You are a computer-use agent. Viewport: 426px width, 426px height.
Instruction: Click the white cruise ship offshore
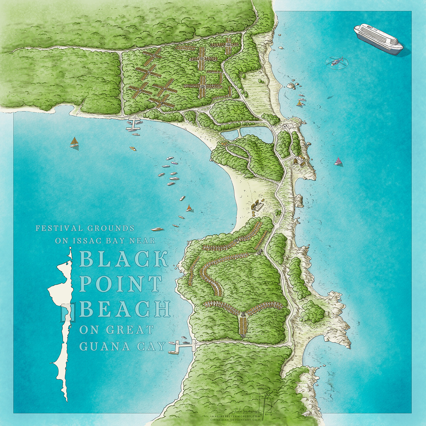378,39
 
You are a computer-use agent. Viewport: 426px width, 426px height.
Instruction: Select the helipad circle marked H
286,125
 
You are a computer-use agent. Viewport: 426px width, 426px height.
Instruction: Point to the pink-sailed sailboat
337,161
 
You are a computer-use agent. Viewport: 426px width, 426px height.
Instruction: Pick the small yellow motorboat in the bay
133,148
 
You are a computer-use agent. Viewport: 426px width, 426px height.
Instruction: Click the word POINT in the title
121,284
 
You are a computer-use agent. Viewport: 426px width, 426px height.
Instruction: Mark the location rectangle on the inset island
65,313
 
